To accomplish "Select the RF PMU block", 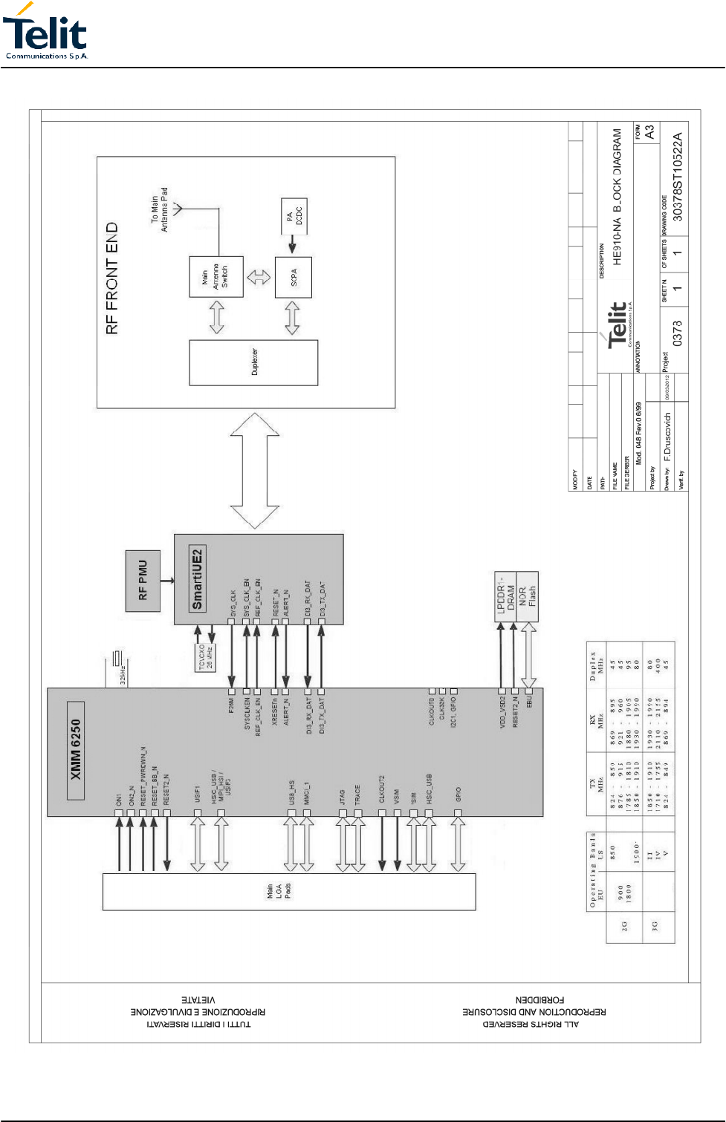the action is coord(143,581).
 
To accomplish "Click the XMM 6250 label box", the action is coord(75,750).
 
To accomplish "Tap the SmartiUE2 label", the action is coord(197,579).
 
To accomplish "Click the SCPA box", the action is coord(294,277).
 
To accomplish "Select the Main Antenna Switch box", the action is coord(215,276).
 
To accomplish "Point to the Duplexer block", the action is coord(253,362).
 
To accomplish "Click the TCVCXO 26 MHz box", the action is coord(206,657).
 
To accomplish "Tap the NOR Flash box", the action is coord(527,596).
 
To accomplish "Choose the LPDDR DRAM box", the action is coord(505,596).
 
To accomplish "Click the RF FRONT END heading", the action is coord(112,278).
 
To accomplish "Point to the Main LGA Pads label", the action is coord(278,890).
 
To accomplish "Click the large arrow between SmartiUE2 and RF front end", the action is coord(255,471).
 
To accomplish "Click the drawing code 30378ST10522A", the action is coord(676,177).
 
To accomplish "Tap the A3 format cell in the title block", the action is coord(649,133).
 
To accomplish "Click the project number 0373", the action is coord(676,333).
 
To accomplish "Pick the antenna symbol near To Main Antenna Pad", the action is coord(178,209).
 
